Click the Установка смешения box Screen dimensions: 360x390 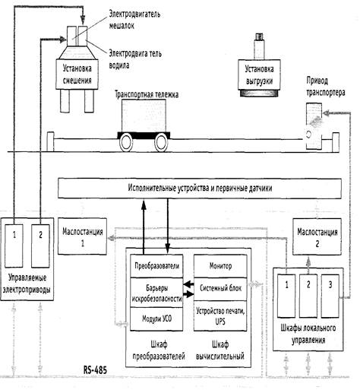(x=77, y=75)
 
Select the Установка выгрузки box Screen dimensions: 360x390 (x=259, y=75)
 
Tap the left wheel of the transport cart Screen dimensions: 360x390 (x=126, y=142)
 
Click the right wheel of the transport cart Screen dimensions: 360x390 (x=161, y=142)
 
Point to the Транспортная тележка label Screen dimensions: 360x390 (x=147, y=94)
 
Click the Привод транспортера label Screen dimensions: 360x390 (x=325, y=87)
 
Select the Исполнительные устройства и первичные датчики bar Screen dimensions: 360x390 (x=200, y=189)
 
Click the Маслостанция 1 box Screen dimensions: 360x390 (x=82, y=236)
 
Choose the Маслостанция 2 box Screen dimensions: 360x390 (x=317, y=236)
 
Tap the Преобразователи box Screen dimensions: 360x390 (x=156, y=266)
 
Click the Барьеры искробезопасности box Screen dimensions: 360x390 (x=156, y=293)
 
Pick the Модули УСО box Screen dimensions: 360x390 (x=156, y=319)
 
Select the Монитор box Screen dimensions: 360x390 (x=220, y=266)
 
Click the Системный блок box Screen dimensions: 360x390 (x=220, y=289)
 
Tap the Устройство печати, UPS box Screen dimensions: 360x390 (x=220, y=316)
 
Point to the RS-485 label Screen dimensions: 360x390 (x=95, y=370)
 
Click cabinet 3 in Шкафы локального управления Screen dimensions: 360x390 (x=330, y=296)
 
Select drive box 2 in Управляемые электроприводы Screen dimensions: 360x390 (x=40, y=246)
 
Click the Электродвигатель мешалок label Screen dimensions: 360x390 (x=134, y=20)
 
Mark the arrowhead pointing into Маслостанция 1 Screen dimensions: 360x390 (x=110, y=238)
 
